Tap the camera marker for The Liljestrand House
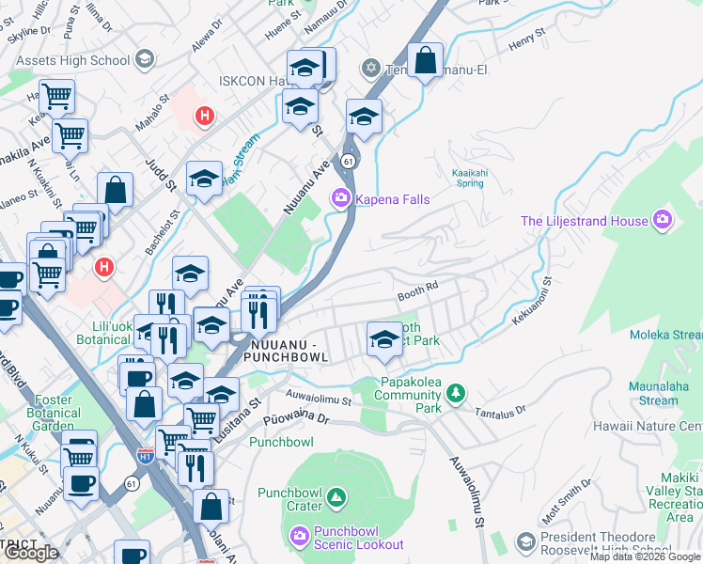[x=664, y=220]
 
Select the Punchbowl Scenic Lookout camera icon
[x=299, y=536]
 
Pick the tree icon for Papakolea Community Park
[x=456, y=392]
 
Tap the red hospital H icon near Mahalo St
[x=203, y=117]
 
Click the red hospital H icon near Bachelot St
[x=105, y=268]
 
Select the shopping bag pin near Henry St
[x=425, y=60]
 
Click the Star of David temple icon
[x=370, y=68]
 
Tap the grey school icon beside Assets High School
[x=144, y=60]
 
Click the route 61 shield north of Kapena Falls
[x=349, y=162]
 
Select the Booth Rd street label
[x=418, y=293]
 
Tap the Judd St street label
[x=154, y=174]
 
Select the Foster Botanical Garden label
[x=53, y=413]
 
